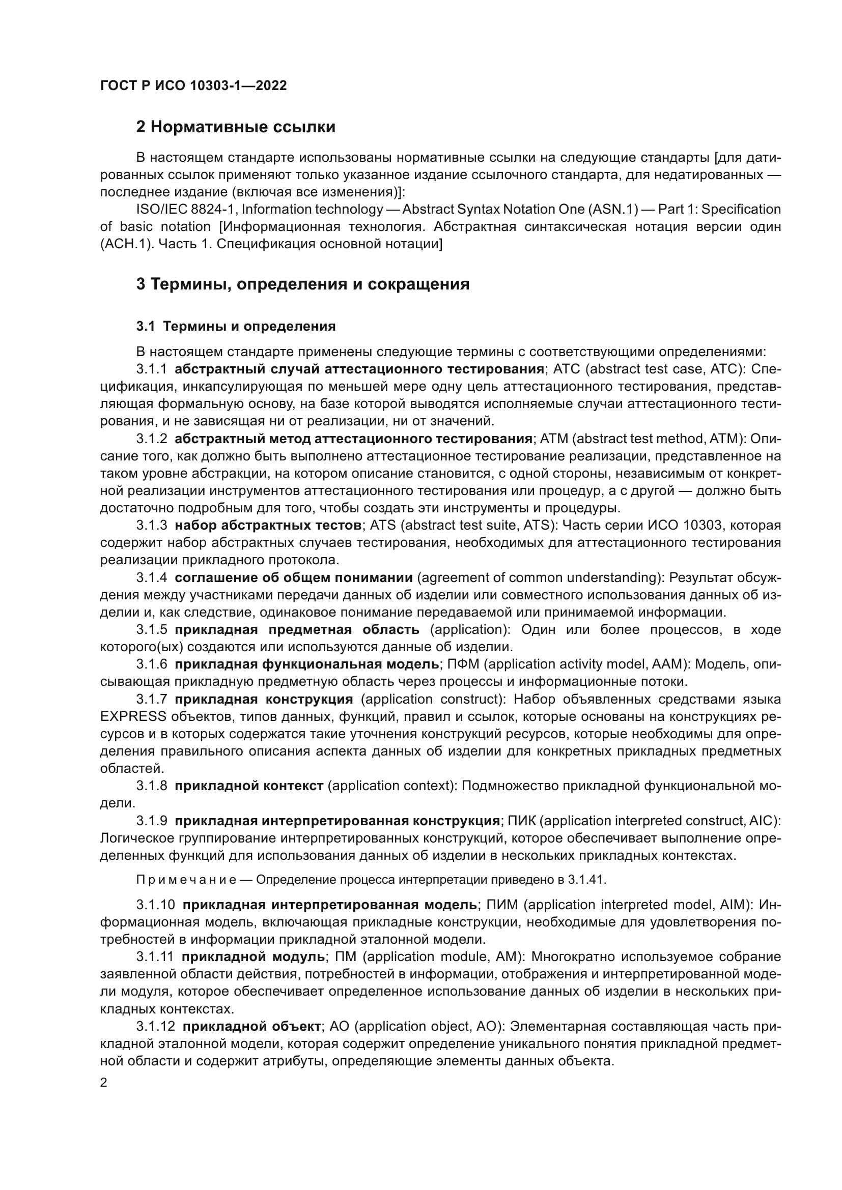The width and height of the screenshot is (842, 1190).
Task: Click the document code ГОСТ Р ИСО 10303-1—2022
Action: point(193,86)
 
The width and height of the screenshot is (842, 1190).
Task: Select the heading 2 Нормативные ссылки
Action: point(235,127)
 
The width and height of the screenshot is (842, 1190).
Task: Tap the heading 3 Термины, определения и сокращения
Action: point(303,284)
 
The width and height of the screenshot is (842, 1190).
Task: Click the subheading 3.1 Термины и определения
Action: point(236,326)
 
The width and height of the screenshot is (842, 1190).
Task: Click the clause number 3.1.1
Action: point(151,369)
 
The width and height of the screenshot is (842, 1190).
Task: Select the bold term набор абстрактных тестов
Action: point(268,526)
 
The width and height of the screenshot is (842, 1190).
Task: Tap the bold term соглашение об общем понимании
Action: point(293,577)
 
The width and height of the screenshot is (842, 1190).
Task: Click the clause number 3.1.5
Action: point(151,630)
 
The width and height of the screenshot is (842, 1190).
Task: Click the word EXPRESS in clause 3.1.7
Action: point(133,717)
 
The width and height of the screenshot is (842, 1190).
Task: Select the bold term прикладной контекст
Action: point(249,786)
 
